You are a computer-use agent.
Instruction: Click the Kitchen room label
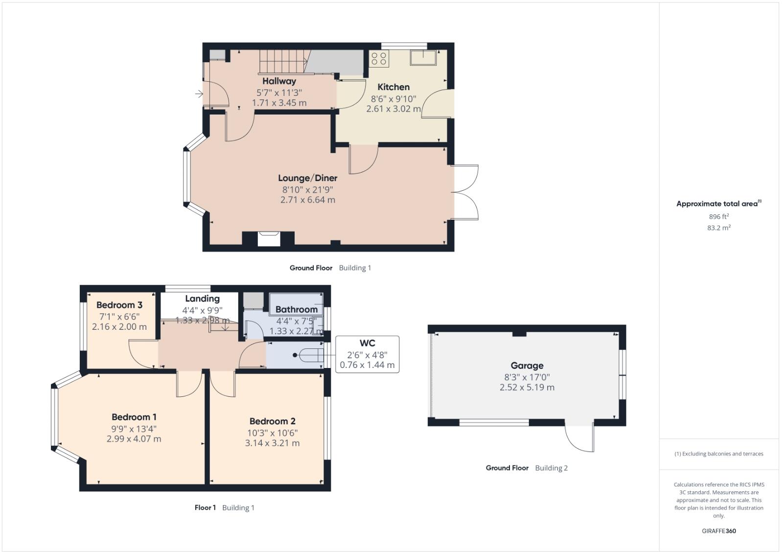click(x=393, y=87)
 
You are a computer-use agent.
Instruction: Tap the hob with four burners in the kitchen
click(x=379, y=59)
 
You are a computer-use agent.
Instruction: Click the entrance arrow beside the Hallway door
click(x=198, y=94)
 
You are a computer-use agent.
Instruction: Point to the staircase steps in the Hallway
click(x=282, y=62)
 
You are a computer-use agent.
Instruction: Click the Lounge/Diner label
click(x=307, y=178)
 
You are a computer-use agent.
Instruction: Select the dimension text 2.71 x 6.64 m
click(x=307, y=200)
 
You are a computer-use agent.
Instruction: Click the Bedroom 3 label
click(x=119, y=305)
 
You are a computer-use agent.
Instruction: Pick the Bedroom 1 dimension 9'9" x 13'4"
click(x=134, y=429)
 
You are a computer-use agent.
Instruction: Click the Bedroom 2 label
click(x=272, y=421)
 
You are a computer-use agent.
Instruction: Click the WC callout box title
click(x=367, y=344)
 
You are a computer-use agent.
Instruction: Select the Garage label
click(x=527, y=366)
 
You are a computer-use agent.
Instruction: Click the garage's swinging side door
click(x=579, y=437)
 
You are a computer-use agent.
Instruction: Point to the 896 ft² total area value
click(x=718, y=216)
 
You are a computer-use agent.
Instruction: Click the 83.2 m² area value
click(x=718, y=228)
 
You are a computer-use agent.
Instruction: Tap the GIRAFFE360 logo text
click(x=718, y=531)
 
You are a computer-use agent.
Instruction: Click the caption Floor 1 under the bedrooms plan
click(x=205, y=507)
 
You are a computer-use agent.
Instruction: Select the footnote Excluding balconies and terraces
click(x=718, y=454)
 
